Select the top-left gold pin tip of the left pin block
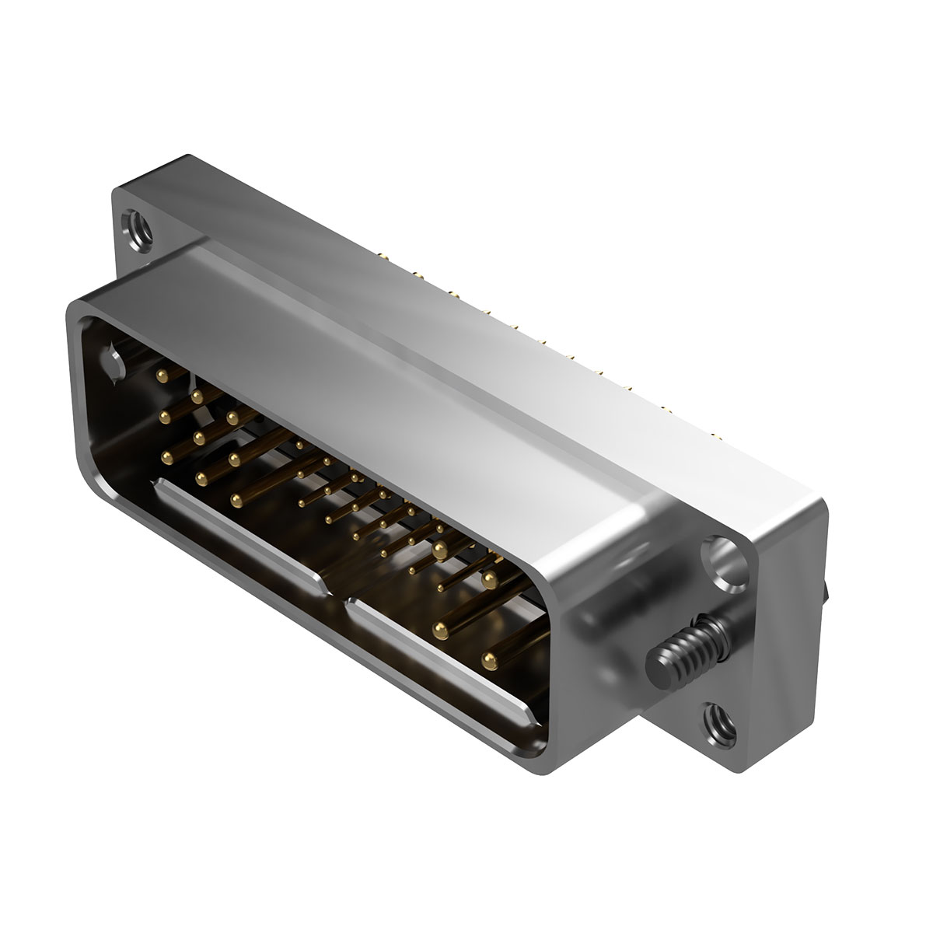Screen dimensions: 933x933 (x=162, y=376)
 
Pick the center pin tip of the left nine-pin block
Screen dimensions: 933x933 (x=200, y=437)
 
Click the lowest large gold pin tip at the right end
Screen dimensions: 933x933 (x=489, y=660)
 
